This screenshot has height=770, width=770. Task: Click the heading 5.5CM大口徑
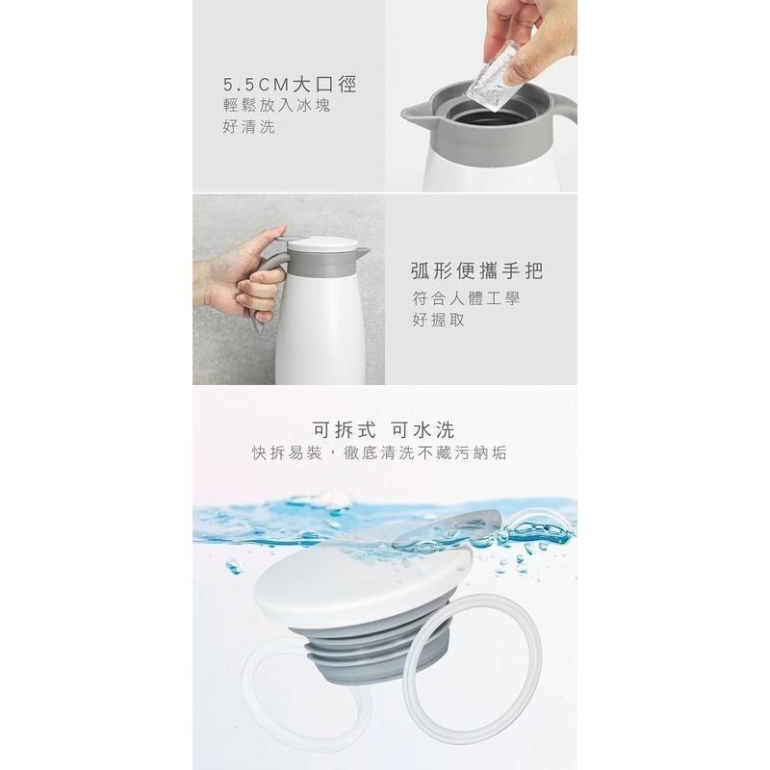click(289, 86)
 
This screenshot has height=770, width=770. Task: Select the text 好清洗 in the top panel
click(248, 128)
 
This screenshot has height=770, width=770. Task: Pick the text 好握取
click(438, 321)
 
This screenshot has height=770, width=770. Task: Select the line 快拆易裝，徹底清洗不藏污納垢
click(379, 452)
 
